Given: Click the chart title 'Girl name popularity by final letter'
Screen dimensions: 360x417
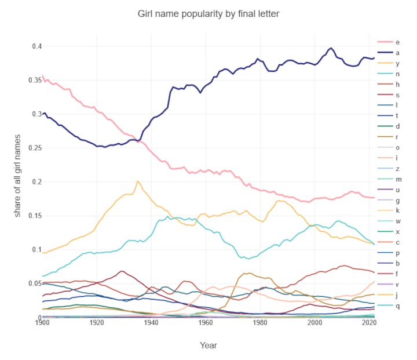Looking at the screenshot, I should (208, 13).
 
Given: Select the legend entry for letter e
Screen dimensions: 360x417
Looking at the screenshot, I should (389, 42).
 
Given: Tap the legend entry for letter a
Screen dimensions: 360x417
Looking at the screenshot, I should (389, 52).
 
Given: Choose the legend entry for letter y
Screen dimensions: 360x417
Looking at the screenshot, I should (389, 63).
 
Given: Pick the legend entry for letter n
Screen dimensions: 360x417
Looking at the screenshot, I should (389, 73).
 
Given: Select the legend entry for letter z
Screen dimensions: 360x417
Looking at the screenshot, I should (389, 168).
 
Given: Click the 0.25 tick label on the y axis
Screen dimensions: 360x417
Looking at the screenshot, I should (28, 148).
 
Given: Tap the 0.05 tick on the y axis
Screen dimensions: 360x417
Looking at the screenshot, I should (28, 284).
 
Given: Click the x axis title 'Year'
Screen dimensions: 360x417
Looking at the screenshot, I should (209, 345).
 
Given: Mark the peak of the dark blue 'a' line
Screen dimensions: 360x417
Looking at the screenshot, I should (331, 48).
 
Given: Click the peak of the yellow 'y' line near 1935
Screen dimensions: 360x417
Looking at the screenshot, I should (137, 181).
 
